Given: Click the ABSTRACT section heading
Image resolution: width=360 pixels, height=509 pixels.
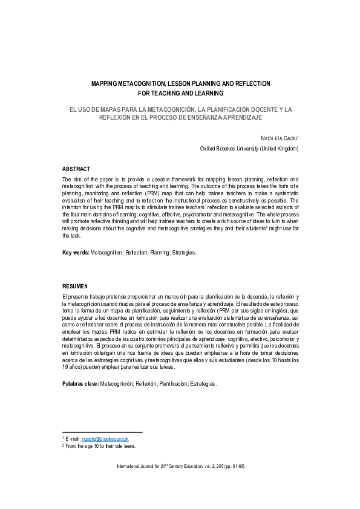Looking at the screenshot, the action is pos(76,169).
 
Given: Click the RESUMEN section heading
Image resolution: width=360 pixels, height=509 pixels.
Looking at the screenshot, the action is pos(75,285).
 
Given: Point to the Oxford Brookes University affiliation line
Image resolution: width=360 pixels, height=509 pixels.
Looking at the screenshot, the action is pos(249,149).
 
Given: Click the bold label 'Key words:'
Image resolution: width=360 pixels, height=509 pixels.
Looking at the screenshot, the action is pos(76,252).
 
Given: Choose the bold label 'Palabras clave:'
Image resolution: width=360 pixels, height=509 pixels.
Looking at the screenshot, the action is pos(80,384).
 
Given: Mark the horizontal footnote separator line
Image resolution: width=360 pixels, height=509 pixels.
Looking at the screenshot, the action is pos(102,432).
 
